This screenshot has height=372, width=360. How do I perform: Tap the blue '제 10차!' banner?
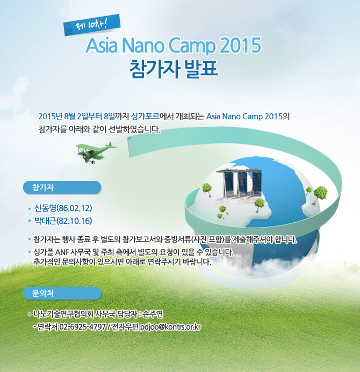click(92, 25)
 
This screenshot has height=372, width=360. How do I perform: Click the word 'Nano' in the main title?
click(143, 45)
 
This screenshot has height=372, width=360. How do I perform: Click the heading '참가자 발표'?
click(174, 69)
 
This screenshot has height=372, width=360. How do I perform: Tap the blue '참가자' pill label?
click(62, 187)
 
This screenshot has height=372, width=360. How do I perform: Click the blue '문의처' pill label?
click(62, 293)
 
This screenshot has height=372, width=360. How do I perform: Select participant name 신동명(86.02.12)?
click(63, 208)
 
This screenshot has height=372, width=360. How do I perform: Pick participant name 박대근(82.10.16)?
click(63, 221)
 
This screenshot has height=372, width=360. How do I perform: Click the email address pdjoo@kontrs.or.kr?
click(170, 327)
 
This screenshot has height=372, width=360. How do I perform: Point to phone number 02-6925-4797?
click(82, 327)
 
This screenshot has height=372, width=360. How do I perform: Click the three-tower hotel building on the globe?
click(239, 184)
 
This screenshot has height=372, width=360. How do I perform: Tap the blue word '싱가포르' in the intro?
click(145, 116)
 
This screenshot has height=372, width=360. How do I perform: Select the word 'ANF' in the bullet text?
click(62, 252)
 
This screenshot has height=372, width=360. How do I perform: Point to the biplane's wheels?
click(90, 162)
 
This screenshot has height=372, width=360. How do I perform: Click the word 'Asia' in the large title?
click(102, 45)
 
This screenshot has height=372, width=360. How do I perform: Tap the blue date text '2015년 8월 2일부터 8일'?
click(76, 116)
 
